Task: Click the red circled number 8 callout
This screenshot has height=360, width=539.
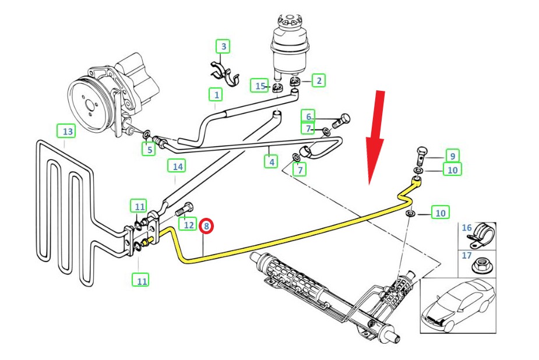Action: pyautogui.click(x=207, y=226)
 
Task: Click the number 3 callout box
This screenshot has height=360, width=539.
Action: pyautogui.click(x=223, y=47)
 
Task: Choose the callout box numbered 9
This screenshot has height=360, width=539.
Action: pyautogui.click(x=452, y=156)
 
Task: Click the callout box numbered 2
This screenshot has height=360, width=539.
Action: pyautogui.click(x=319, y=81)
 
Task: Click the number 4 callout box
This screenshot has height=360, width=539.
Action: pyautogui.click(x=271, y=161)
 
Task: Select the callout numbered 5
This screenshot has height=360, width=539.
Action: pyautogui.click(x=149, y=149)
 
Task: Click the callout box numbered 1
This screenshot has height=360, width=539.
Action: pyautogui.click(x=216, y=95)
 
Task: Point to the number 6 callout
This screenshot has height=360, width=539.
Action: pyautogui.click(x=308, y=117)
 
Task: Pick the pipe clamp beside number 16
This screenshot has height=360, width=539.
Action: pyautogui.click(x=482, y=235)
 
